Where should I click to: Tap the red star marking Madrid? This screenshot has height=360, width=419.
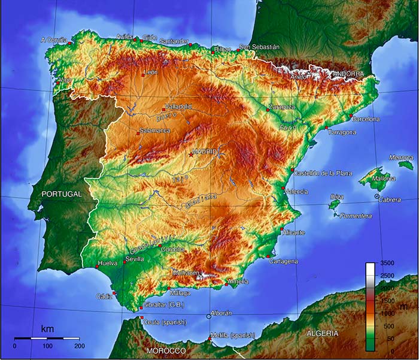pos(191,155)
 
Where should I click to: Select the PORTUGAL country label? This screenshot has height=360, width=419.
pos(62,195)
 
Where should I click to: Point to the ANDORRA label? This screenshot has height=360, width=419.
pos(348,74)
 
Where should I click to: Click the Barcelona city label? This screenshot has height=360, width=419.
pos(366,119)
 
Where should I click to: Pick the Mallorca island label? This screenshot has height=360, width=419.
pos(383,179)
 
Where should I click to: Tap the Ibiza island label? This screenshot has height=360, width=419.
pos(336,196)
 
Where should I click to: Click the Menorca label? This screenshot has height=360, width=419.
pos(401,158)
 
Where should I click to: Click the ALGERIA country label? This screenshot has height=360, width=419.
pos(321,333)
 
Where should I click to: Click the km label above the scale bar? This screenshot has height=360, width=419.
pos(47,329)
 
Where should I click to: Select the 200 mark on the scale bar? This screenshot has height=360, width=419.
pos(78,346)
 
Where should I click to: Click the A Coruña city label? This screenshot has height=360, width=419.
pos(52,40)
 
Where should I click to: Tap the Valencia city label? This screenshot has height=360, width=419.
pos(297,192)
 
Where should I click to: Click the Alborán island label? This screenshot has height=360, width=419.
pos(221,313)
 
